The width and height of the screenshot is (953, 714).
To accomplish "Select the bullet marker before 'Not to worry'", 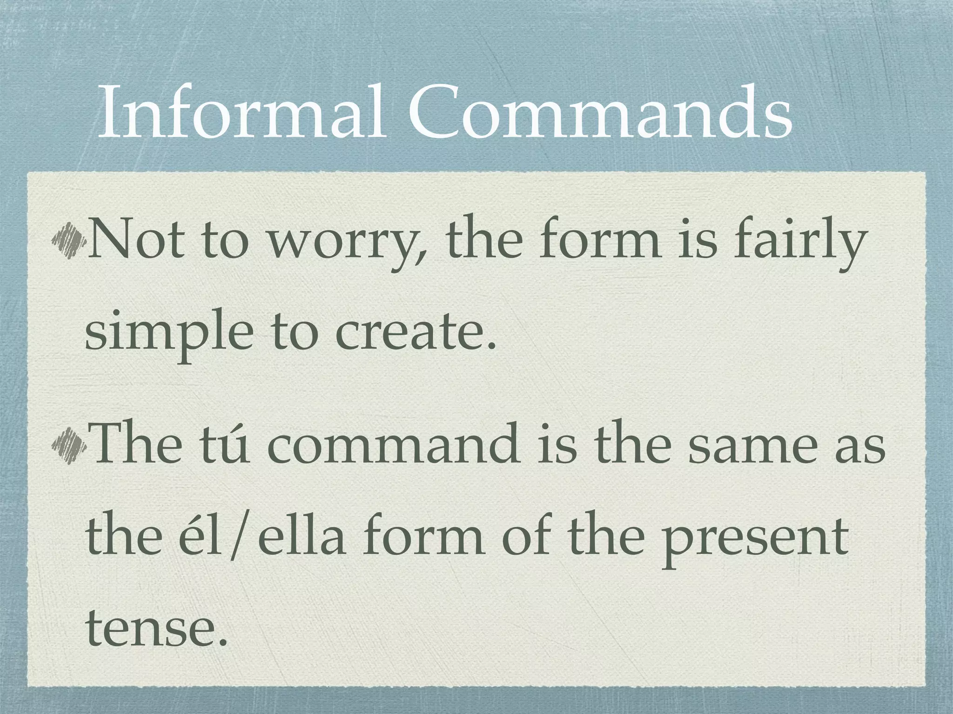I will click(x=68, y=240).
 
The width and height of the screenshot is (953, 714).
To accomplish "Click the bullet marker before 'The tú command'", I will click(x=68, y=443).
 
